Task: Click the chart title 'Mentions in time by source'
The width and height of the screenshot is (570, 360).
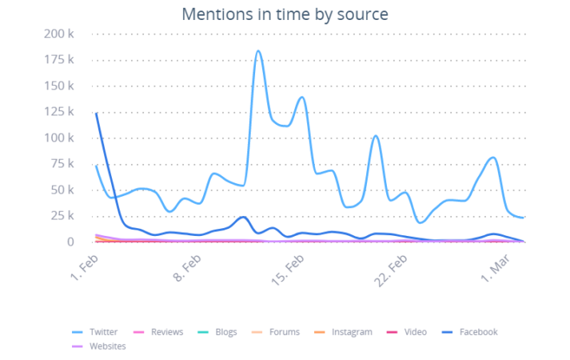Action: click(x=285, y=14)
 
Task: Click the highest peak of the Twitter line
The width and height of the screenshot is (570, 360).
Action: click(x=258, y=52)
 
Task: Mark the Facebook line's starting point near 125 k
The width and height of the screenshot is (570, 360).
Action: click(x=96, y=113)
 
